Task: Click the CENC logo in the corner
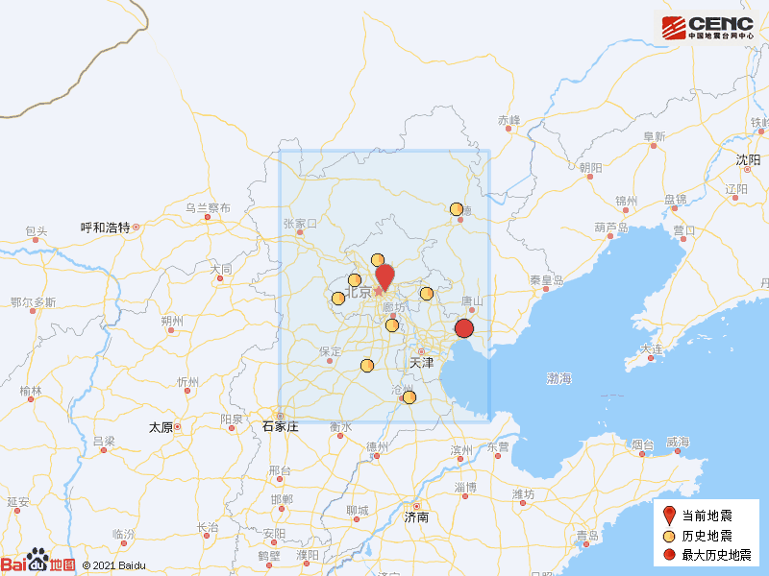click(707, 27)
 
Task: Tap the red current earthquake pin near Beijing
click(384, 275)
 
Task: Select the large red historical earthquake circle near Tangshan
click(464, 329)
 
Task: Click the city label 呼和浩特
click(106, 228)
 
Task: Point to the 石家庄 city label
click(281, 426)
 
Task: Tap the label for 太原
click(160, 427)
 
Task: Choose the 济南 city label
click(417, 516)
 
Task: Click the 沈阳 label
click(747, 159)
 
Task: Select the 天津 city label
click(421, 363)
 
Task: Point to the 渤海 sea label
click(559, 379)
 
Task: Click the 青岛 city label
click(587, 536)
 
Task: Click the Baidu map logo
click(38, 564)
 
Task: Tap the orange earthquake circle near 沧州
click(409, 397)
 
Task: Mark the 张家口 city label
click(299, 224)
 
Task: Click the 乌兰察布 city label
click(208, 208)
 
